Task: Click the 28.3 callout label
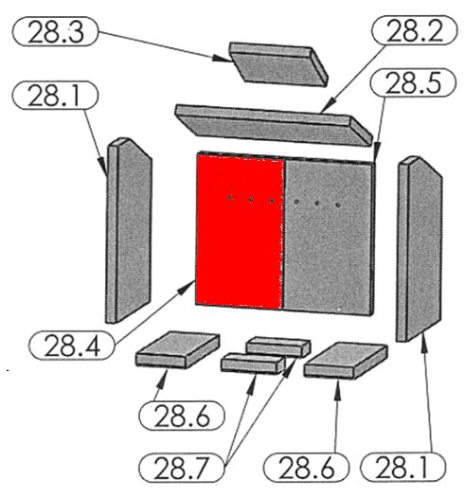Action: point(55,31)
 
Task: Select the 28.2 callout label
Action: point(414,29)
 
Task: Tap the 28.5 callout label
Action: point(413,82)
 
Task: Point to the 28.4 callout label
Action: point(72,346)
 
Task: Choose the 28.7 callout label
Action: point(182,468)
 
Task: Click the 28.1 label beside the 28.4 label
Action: point(55,95)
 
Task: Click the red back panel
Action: point(240,232)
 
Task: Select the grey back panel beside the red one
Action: point(329,237)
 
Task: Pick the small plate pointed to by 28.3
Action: point(278,63)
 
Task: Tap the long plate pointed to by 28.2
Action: point(274,125)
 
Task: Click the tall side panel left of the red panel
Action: point(129,230)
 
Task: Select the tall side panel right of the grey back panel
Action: point(419,249)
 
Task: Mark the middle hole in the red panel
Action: point(251,200)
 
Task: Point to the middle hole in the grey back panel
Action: point(317,203)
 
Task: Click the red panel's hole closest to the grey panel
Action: point(272,201)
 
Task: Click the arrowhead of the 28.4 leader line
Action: point(187,287)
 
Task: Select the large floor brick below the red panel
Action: point(178,349)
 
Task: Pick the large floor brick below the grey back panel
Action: point(346,360)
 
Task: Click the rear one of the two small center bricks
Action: point(278,346)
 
